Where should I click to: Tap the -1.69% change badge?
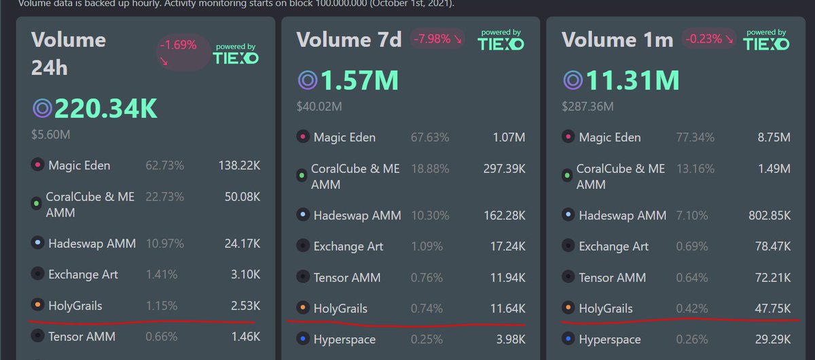pyautogui.click(x=178, y=52)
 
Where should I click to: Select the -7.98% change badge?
pyautogui.click(x=438, y=39)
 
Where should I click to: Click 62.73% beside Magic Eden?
pyautogui.click(x=164, y=165)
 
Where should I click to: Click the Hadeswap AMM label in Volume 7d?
pyautogui.click(x=357, y=215)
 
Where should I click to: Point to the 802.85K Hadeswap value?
pyautogui.click(x=763, y=215)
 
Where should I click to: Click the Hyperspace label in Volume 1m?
pyautogui.click(x=609, y=339)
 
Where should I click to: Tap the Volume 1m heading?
pyautogui.click(x=617, y=39)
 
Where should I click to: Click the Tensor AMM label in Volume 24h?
pyautogui.click(x=81, y=336)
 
